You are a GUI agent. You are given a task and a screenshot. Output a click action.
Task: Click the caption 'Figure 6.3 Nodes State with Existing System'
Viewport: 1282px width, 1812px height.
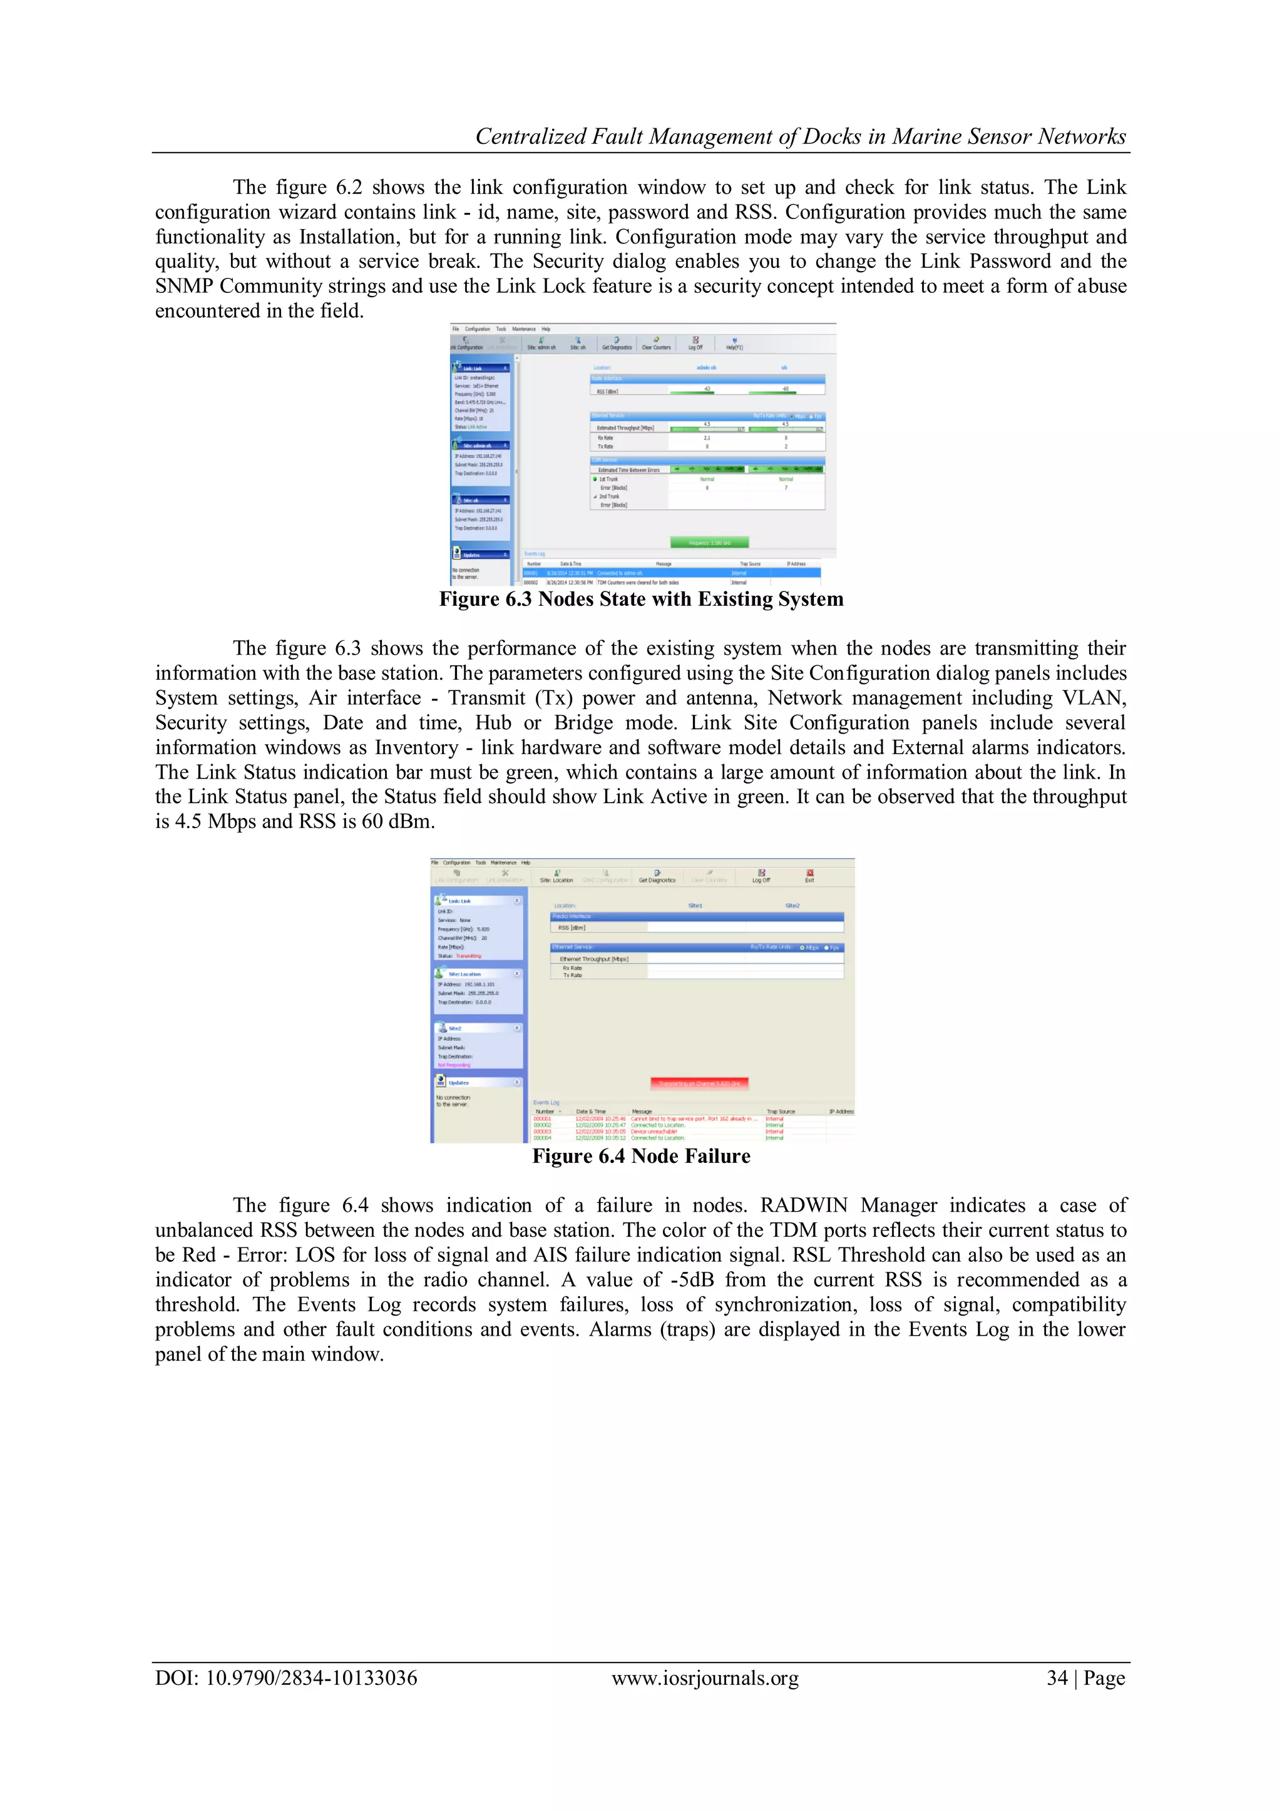641,599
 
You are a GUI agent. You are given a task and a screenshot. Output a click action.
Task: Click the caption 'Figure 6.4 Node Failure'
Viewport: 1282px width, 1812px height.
641,1156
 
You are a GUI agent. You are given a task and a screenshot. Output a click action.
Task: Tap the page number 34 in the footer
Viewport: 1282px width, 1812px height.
1057,1678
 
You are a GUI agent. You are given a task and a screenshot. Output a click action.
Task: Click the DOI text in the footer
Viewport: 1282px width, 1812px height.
286,1678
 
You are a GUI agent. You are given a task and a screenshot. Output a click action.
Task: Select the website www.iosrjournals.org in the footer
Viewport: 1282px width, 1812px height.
705,1678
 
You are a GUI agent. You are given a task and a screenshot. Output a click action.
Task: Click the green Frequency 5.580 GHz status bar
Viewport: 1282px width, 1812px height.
709,542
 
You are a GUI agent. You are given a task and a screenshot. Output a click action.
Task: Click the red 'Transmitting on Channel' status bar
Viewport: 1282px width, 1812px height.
699,1083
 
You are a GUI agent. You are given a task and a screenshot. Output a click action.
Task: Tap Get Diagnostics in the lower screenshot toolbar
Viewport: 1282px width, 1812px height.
657,877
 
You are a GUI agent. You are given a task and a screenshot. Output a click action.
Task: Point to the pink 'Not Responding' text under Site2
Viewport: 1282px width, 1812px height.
454,1065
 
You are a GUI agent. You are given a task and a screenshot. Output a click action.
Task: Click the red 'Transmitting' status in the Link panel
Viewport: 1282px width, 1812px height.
468,956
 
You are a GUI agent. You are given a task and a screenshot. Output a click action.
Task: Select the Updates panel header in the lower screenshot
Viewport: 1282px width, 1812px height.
459,1083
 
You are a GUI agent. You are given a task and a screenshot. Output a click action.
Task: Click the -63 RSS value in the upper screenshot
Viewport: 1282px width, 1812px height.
707,387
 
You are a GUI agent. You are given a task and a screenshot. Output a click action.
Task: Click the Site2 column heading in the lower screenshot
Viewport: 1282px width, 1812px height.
792,905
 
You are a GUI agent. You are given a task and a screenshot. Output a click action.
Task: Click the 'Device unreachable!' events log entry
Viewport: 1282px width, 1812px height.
654,1132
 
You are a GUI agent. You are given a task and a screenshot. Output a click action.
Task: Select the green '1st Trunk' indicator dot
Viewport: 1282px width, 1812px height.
595,479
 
